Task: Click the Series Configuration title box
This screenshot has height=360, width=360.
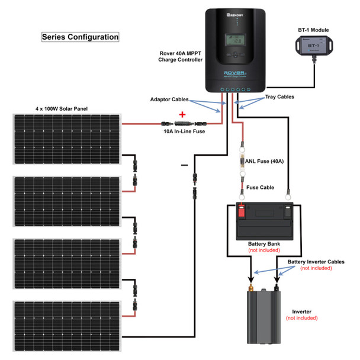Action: (x=80, y=37)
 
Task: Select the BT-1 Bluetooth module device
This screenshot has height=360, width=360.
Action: (x=314, y=46)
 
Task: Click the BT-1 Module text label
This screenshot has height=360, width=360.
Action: (x=314, y=30)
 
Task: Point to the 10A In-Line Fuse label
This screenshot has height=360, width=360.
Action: (x=184, y=131)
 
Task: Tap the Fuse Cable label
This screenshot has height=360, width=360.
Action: (x=260, y=187)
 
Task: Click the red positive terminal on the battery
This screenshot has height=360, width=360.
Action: (x=241, y=209)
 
